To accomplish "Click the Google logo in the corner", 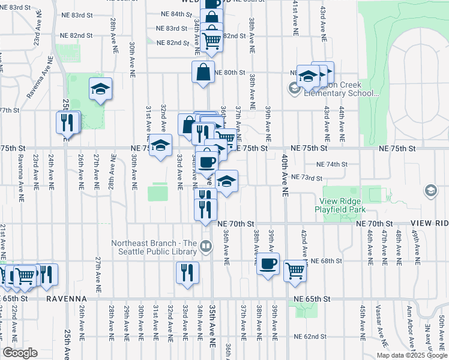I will [20, 353].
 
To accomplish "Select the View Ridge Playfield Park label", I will [346, 205].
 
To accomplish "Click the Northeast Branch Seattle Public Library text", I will [154, 247].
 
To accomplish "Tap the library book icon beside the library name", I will [205, 246].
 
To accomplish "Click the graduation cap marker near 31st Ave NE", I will [160, 145].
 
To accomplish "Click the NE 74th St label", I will [332, 164].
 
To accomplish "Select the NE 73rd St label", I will [307, 178].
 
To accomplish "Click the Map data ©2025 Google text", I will [411, 355].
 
